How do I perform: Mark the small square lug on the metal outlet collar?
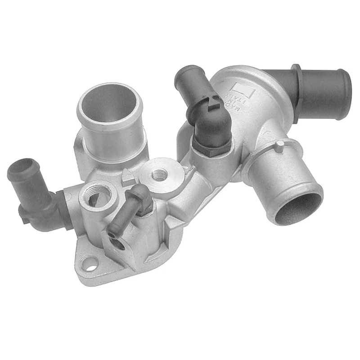(279, 144)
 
